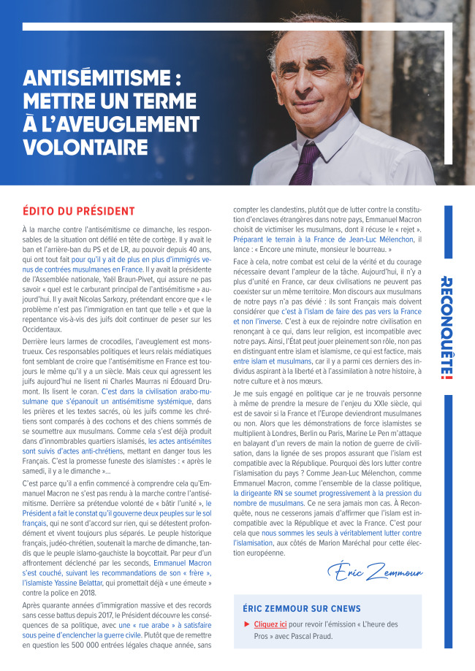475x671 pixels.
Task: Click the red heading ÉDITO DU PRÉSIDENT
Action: click(79, 211)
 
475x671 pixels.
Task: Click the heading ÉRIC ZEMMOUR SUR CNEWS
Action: click(302, 608)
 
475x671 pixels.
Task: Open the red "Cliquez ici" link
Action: click(271, 624)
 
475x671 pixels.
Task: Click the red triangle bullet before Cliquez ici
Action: click(246, 624)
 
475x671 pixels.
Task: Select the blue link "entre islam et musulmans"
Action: click(272, 361)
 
